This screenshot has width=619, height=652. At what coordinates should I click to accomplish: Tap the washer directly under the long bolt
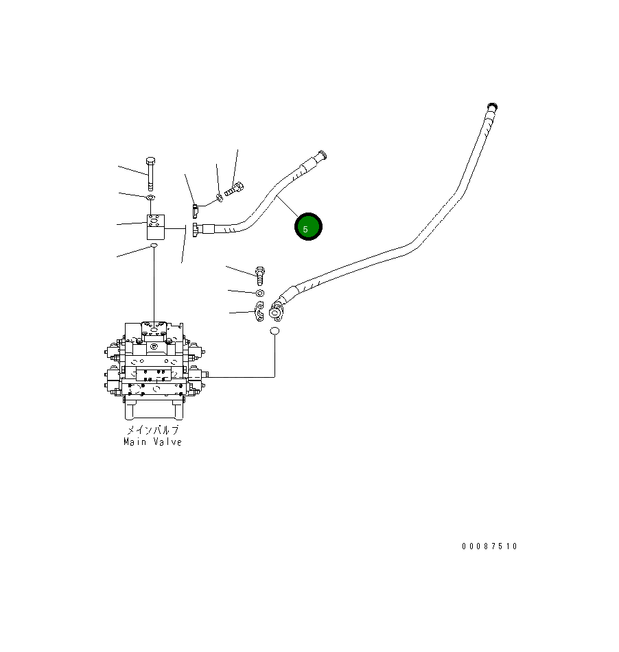click(151, 198)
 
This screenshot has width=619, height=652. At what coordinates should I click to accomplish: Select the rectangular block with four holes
click(156, 227)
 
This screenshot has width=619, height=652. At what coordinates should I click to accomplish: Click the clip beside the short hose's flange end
click(196, 207)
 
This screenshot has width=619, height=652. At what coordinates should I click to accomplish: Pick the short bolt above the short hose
click(234, 188)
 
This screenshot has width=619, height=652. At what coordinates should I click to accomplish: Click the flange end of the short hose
click(197, 231)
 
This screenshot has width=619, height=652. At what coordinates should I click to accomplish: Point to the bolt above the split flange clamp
click(260, 276)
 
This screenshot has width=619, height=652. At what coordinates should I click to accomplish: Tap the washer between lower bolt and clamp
click(260, 294)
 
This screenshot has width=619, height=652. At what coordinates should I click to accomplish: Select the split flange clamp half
click(260, 313)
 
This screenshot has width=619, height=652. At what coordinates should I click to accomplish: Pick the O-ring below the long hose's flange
click(275, 332)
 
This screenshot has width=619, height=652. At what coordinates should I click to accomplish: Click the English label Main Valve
click(152, 442)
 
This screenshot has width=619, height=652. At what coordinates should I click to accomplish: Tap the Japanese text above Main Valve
click(152, 430)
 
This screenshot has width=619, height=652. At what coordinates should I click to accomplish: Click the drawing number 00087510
click(489, 546)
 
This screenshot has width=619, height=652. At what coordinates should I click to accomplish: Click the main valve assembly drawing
click(154, 367)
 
